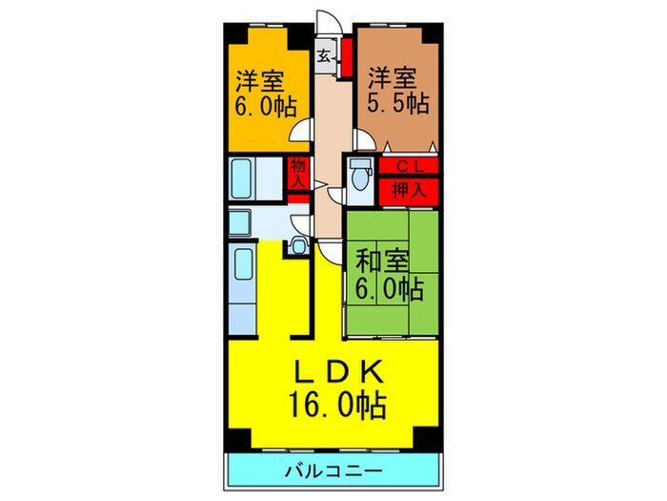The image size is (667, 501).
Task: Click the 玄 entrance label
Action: (325, 56)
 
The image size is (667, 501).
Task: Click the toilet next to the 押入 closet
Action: (360, 178)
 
